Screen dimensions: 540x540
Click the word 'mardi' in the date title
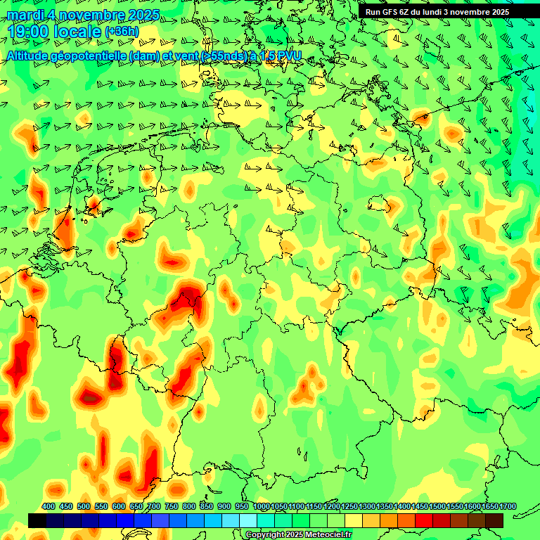tap(24, 15)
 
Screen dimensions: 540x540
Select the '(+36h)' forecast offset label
tap(122, 32)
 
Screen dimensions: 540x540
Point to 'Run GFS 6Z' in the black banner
tap(389, 12)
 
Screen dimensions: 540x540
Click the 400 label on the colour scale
tap(49, 507)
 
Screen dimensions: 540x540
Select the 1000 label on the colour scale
tap(261, 507)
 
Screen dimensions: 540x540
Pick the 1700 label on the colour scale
tap(507, 507)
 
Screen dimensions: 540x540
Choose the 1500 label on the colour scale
tap(437, 507)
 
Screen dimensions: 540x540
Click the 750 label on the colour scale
tap(172, 507)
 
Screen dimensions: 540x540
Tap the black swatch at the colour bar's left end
tap(37, 520)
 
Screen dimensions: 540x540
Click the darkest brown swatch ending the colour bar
tap(494, 520)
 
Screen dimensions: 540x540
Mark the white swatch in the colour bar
tap(248, 520)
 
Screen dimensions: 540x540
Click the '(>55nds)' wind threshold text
tap(223, 55)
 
